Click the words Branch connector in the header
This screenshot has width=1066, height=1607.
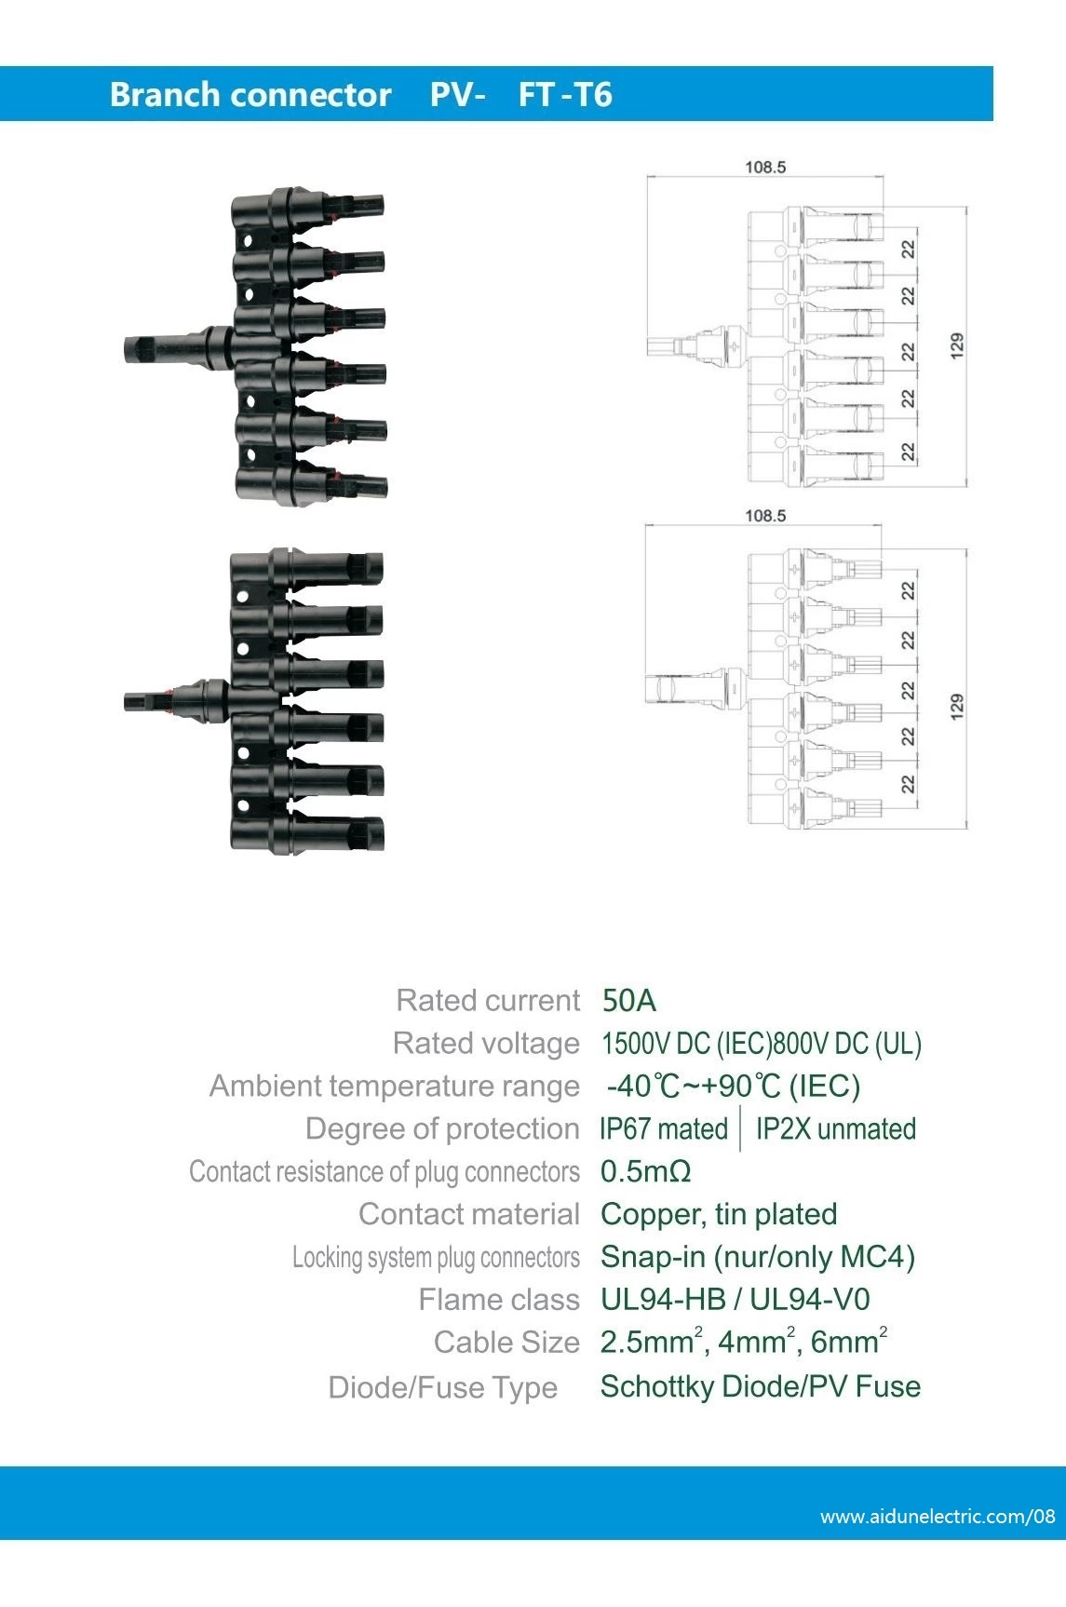coord(250,95)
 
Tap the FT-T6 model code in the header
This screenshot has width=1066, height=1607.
coord(564,95)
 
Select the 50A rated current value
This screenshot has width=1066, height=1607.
coord(628,1001)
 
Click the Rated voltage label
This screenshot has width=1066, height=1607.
coord(486,1044)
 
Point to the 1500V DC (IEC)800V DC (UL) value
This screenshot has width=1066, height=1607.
coord(761,1044)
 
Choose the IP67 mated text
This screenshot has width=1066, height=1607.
coord(663,1129)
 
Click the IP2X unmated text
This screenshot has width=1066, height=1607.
coord(835,1129)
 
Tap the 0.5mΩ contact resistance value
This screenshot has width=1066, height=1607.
coord(645,1171)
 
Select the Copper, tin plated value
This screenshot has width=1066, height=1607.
coord(718,1214)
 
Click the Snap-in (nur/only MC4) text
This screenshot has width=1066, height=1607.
coord(757,1257)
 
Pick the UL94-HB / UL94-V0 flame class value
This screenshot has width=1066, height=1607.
coord(735,1300)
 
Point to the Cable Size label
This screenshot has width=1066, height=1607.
coord(506,1343)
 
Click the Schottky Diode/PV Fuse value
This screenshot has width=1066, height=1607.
coord(760,1386)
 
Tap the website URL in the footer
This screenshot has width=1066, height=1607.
coord(937,1517)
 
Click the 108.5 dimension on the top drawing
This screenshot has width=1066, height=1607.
coord(764,168)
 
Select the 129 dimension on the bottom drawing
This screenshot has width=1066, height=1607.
coord(956,707)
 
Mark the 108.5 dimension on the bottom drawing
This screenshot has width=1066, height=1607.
coord(764,516)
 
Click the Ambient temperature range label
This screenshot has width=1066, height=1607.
coord(394,1087)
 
